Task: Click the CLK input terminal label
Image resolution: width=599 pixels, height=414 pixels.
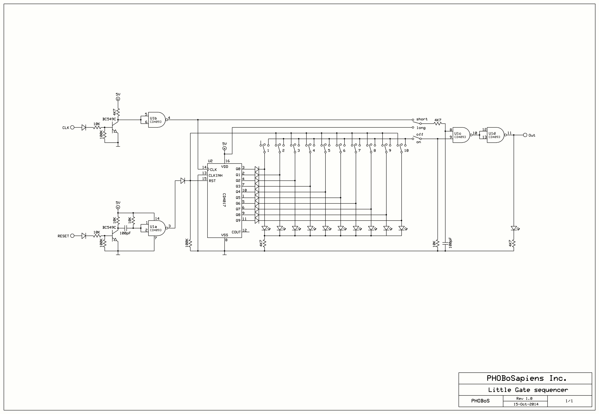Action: pos(66,128)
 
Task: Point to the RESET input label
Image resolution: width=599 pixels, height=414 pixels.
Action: pos(63,236)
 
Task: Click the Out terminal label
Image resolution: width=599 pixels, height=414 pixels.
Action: pos(532,135)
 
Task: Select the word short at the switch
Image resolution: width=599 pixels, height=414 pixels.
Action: pos(422,119)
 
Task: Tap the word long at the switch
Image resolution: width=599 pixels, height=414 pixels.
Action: pos(421,128)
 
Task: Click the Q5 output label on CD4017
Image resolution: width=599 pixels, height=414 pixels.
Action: pos(238,198)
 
